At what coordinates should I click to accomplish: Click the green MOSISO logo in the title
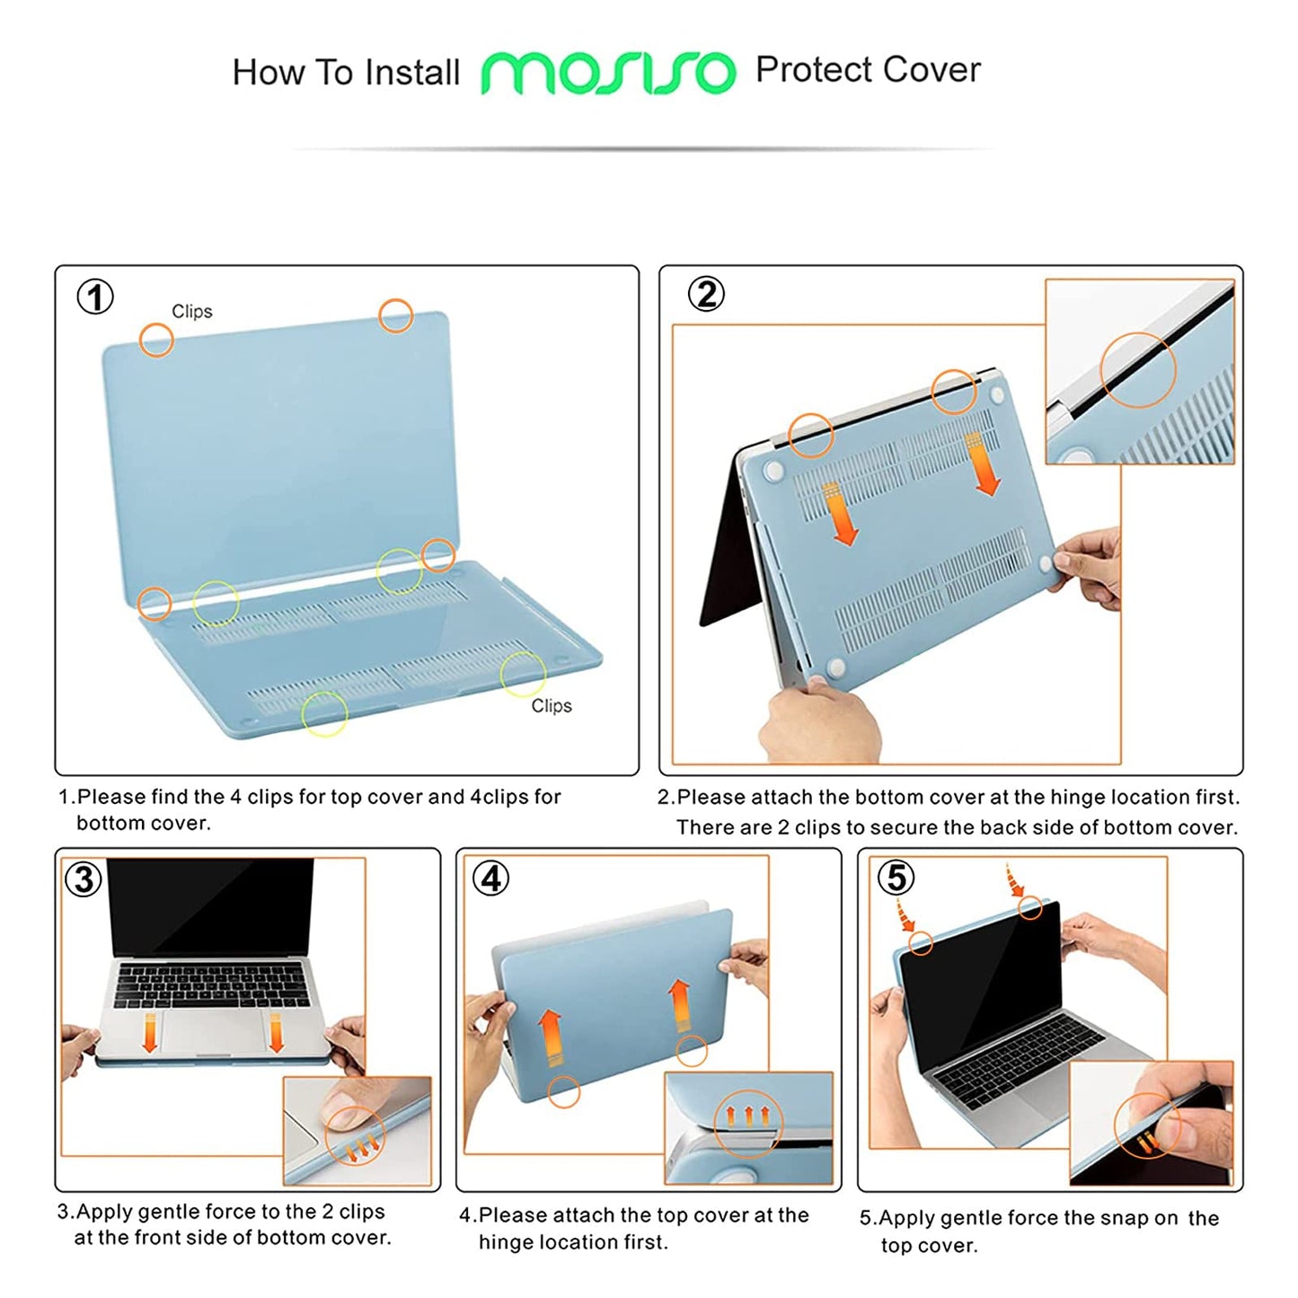[x=608, y=72]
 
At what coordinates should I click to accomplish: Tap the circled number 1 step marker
[x=95, y=296]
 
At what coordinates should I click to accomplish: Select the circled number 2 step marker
[x=706, y=294]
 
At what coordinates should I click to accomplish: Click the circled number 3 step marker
[x=84, y=879]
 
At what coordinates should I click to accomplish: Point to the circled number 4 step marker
[x=490, y=878]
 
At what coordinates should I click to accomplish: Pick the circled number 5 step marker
[x=896, y=877]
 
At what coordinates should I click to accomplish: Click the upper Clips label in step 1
[x=191, y=311]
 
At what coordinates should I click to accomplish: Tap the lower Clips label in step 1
[x=551, y=706]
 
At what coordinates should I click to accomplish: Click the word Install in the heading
[x=412, y=73]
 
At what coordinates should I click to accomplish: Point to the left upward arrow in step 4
[x=551, y=1038]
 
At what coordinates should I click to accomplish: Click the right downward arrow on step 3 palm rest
[x=276, y=1032]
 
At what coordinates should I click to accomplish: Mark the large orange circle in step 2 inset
[x=1138, y=370]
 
